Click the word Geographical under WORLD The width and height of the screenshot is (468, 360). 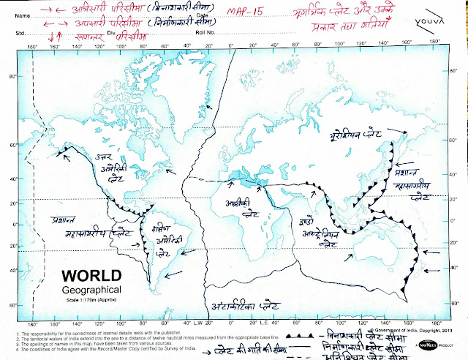click(93, 290)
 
